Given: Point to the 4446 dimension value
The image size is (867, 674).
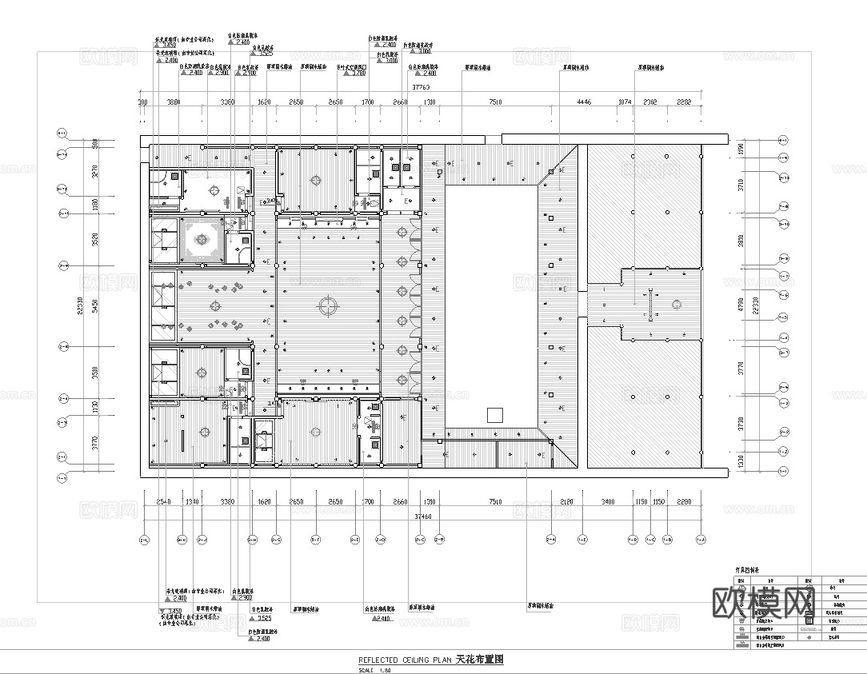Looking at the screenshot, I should [583, 102].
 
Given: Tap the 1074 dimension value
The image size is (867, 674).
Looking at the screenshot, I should [625, 102].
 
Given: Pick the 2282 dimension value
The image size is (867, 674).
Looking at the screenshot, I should [685, 102].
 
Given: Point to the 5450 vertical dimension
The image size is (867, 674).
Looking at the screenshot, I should [94, 307].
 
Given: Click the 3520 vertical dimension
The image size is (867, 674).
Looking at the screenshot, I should [94, 239].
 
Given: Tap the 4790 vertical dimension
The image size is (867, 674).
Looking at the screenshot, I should [741, 304].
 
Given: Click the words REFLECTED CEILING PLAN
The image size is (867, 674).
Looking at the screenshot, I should [406, 660].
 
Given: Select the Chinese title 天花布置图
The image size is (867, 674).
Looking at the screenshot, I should [479, 660].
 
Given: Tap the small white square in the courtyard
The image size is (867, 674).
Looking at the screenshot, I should [494, 414].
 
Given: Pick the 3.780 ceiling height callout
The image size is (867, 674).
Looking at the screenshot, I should [358, 73].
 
